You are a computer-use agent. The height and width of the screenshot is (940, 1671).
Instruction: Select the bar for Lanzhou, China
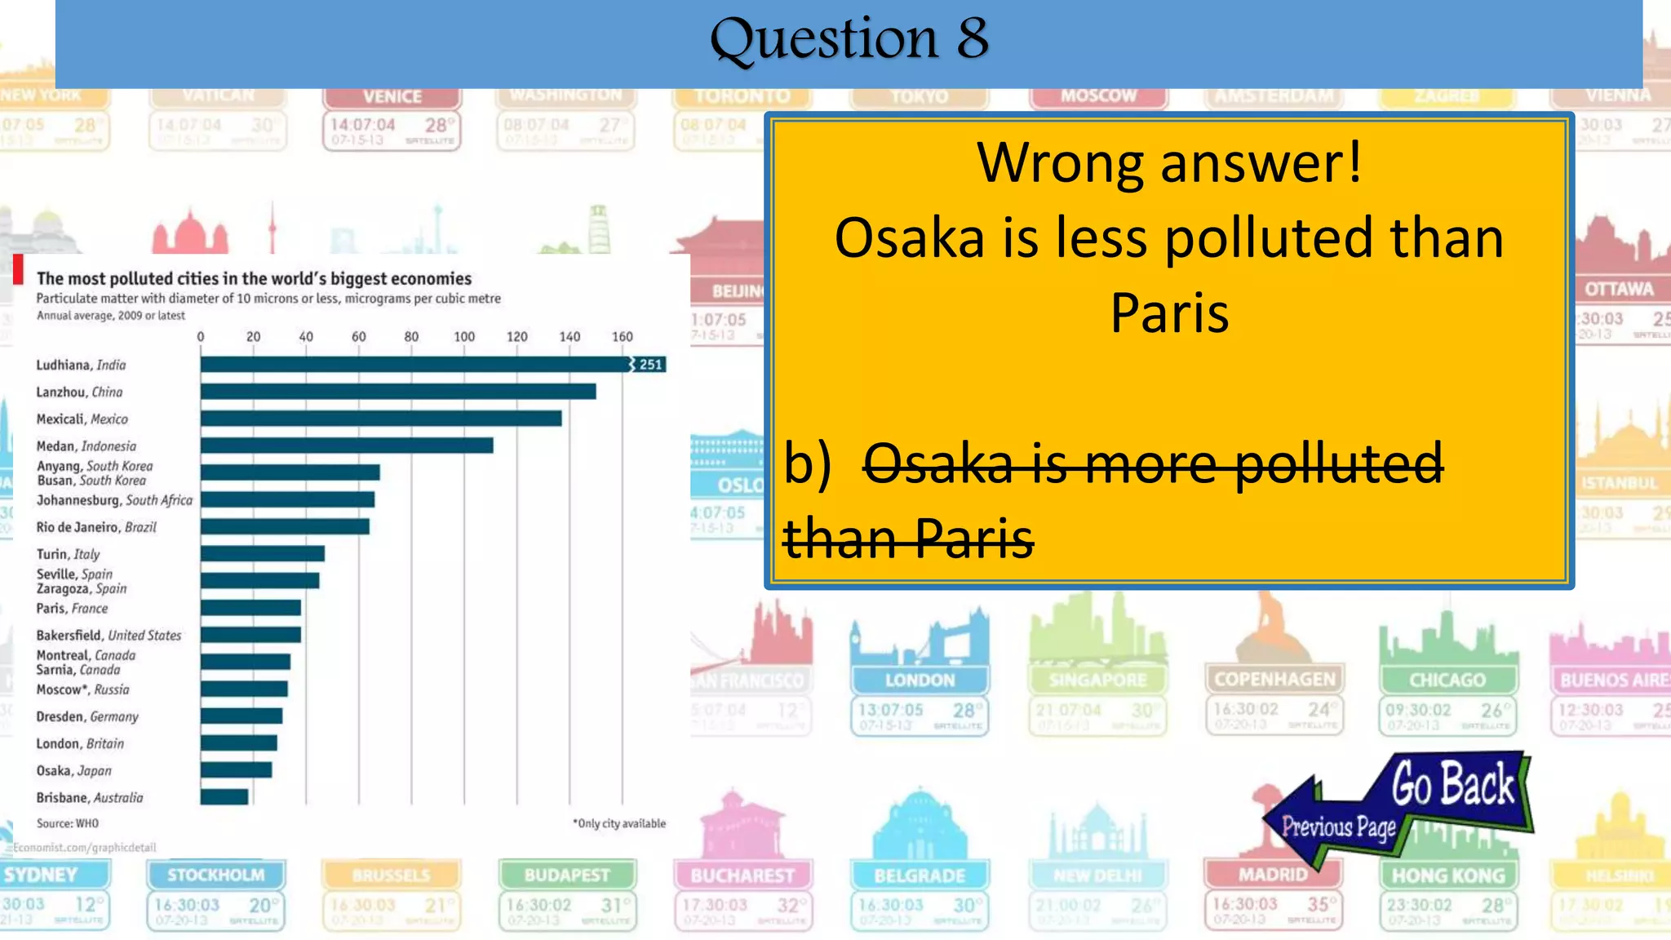(x=398, y=392)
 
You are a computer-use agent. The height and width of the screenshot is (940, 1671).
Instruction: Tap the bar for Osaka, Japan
(x=237, y=769)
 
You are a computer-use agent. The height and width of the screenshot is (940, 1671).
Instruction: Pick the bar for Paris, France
(x=250, y=608)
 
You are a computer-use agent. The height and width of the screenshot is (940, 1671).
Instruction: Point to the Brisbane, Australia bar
(x=224, y=796)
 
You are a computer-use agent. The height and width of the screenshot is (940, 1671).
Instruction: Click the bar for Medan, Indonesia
(x=347, y=446)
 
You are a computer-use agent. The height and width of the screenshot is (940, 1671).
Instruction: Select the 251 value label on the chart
(x=650, y=365)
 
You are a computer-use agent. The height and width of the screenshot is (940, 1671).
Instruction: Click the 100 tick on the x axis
(x=464, y=336)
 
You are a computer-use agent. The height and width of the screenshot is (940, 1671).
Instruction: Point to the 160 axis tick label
(x=622, y=336)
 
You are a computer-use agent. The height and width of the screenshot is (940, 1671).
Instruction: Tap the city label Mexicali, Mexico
(x=82, y=419)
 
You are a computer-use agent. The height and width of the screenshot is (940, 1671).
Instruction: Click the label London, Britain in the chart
(x=80, y=743)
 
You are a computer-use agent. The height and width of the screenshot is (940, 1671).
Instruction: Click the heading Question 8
(x=849, y=38)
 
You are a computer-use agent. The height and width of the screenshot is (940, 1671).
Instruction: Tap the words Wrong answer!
(x=1168, y=162)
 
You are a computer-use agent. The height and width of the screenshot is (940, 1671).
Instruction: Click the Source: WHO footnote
(x=67, y=823)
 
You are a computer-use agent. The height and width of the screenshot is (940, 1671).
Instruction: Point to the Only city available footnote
(x=619, y=823)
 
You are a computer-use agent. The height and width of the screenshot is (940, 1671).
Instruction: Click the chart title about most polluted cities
(x=254, y=278)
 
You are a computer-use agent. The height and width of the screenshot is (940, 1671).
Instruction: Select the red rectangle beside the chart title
(x=18, y=269)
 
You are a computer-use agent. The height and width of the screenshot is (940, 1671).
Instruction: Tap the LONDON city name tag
(x=920, y=680)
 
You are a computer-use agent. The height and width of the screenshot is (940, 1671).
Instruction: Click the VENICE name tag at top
(x=392, y=96)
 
